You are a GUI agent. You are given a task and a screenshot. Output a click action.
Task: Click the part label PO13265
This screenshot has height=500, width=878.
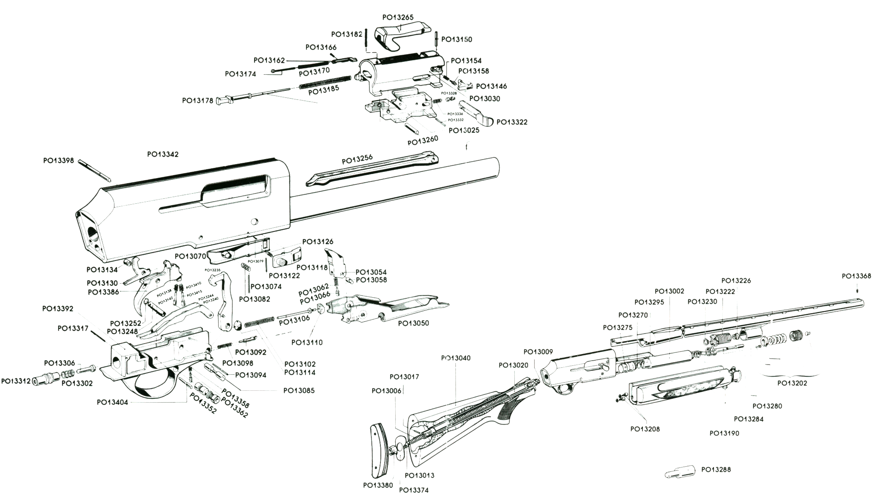[398, 17]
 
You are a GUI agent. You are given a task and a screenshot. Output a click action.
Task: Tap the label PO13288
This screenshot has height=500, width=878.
[716, 469]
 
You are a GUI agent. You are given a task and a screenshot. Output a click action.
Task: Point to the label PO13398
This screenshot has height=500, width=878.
[58, 160]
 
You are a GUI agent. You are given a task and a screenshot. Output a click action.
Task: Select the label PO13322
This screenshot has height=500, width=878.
[512, 122]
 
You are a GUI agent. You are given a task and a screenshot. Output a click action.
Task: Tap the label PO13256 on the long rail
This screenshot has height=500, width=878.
[357, 159]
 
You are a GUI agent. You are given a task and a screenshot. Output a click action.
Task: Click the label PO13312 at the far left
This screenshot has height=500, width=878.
[16, 381]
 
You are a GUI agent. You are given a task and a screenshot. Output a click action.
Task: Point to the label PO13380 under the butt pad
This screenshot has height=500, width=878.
[378, 485]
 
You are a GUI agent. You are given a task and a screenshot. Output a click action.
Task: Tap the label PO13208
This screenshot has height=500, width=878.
[645, 429]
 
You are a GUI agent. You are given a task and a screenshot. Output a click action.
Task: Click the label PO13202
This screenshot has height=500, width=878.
[792, 383]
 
